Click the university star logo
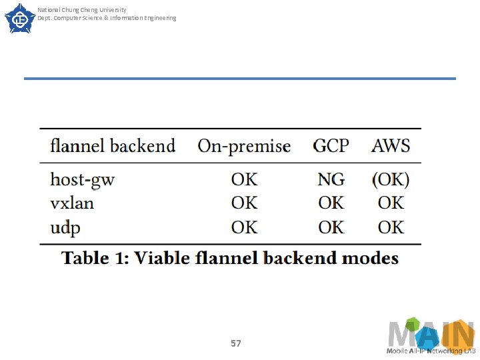click(x=20, y=19)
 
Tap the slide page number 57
click(x=236, y=343)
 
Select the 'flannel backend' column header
click(x=113, y=146)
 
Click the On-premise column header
click(x=244, y=146)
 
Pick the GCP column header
click(x=331, y=146)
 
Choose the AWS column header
click(x=391, y=146)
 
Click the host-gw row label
click(x=83, y=180)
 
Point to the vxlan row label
click(x=72, y=203)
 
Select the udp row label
click(x=65, y=228)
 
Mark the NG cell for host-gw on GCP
click(x=331, y=179)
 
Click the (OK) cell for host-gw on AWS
click(x=391, y=179)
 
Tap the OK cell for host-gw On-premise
click(x=244, y=179)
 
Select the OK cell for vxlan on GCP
click(x=331, y=203)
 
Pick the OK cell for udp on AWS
click(x=391, y=227)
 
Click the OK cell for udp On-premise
click(x=244, y=227)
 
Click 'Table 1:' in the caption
click(x=95, y=258)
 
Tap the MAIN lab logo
click(x=431, y=336)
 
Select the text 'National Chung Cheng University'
click(x=82, y=10)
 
